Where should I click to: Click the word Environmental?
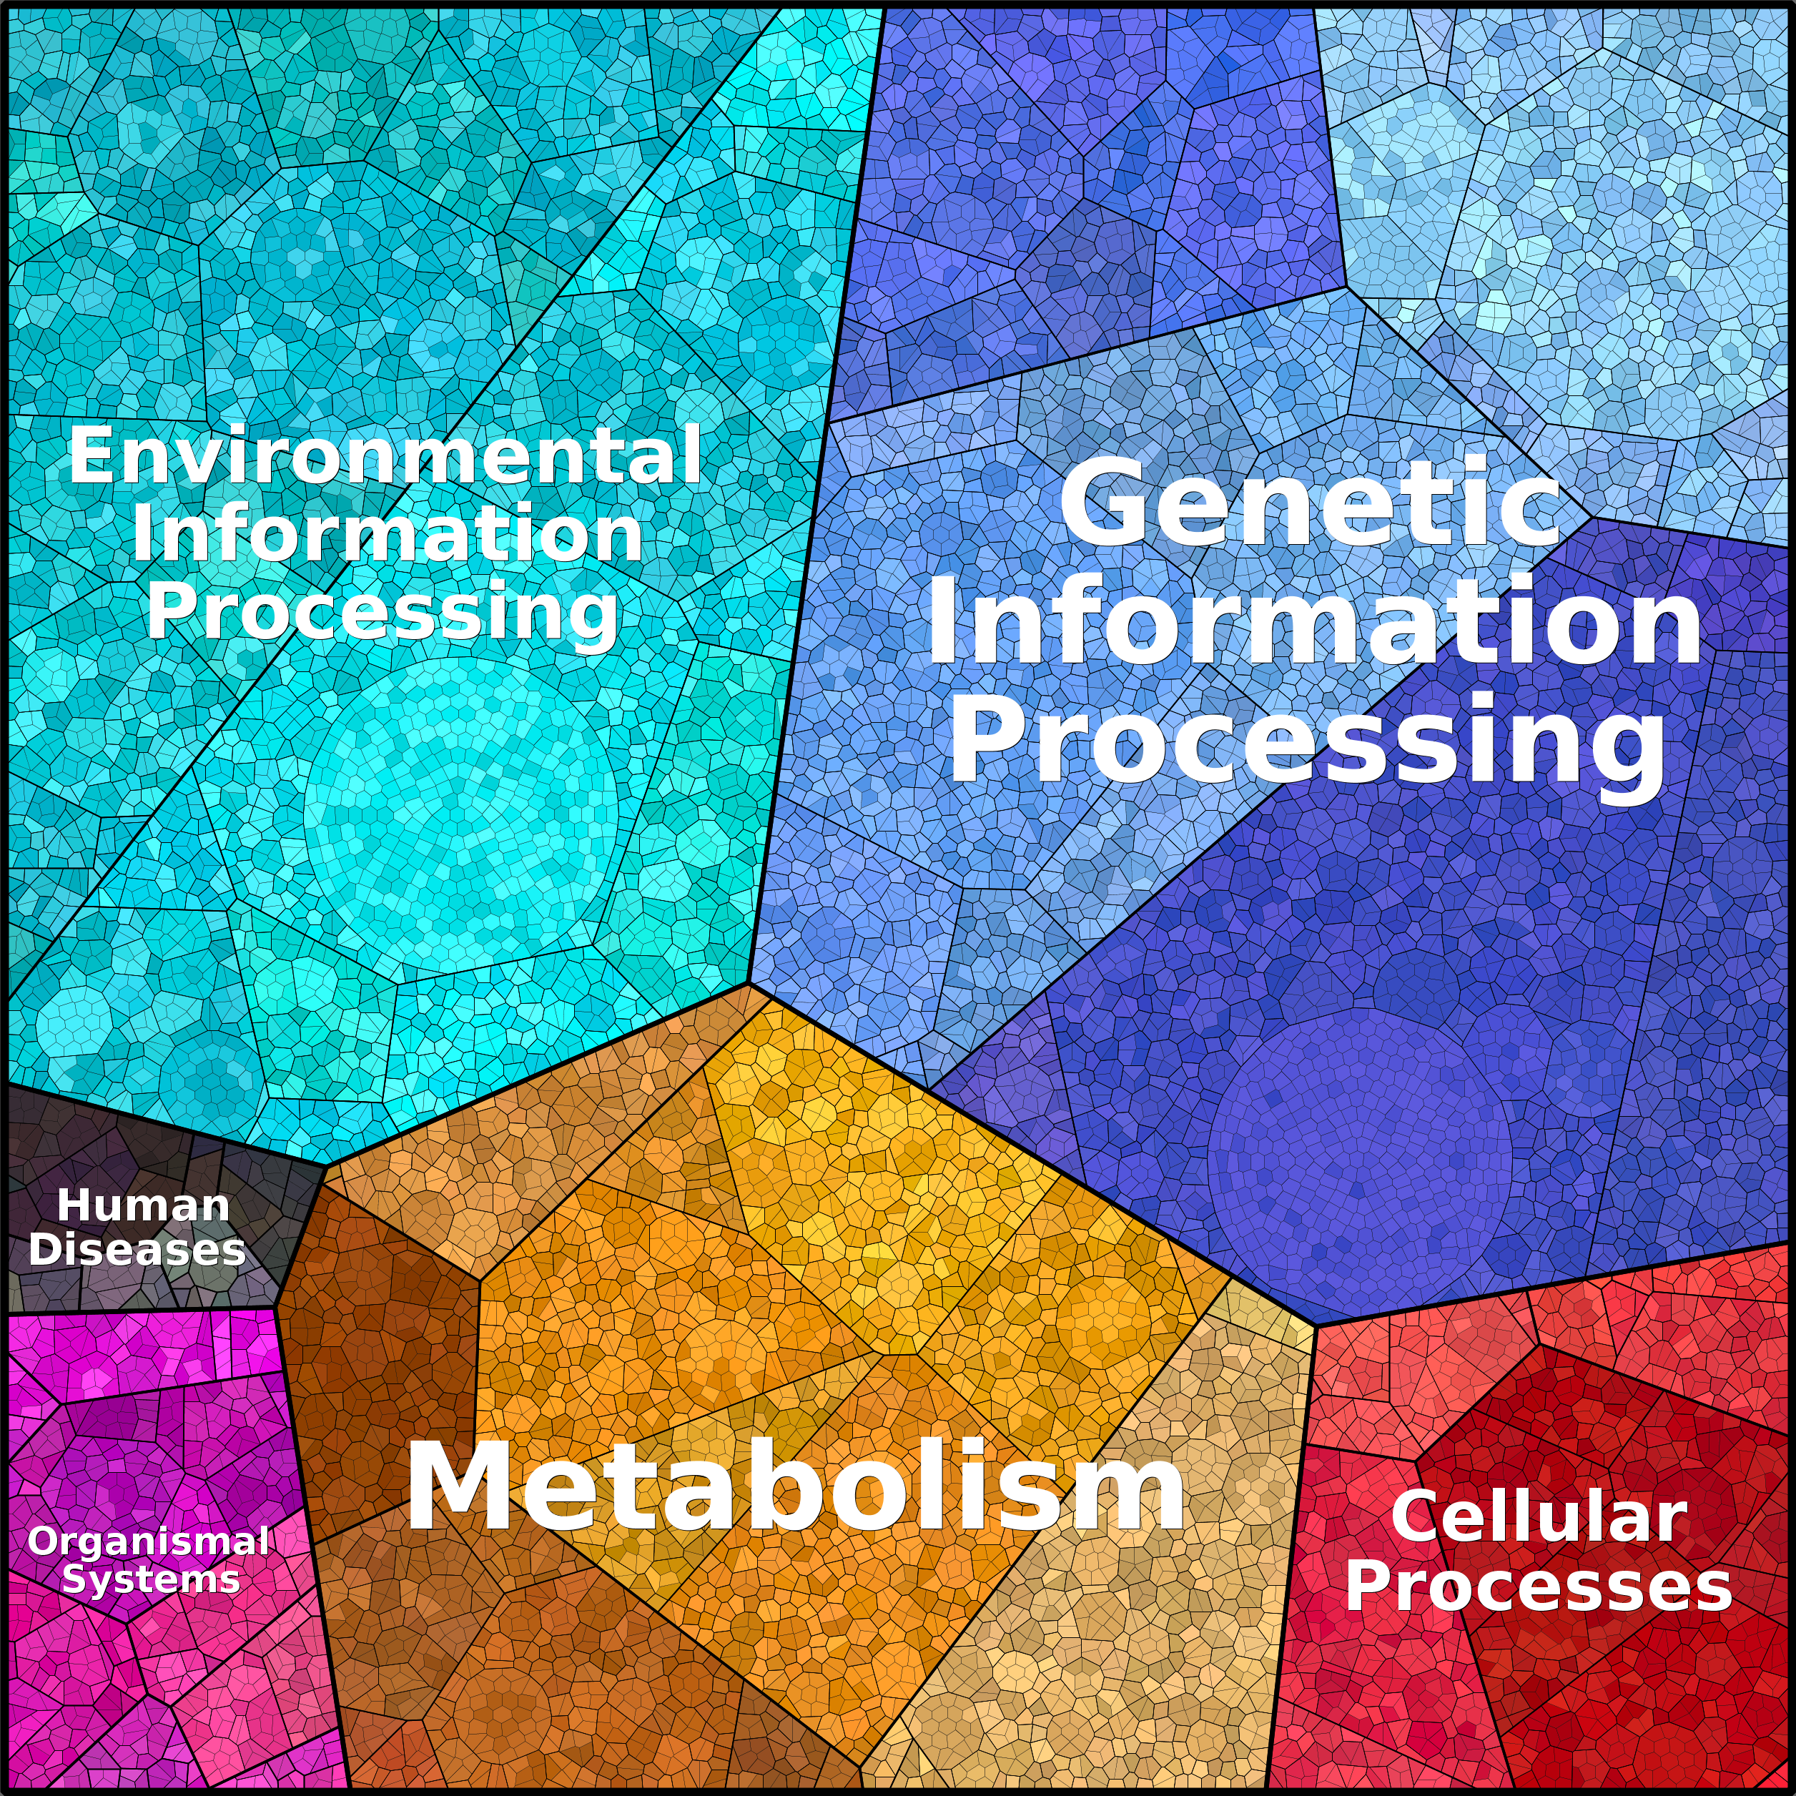(x=385, y=455)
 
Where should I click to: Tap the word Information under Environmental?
(x=387, y=533)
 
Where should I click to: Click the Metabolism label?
(x=796, y=1486)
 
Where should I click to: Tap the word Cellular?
(x=1539, y=1517)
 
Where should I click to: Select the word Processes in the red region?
(x=1539, y=1586)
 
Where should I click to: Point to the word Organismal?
(x=149, y=1541)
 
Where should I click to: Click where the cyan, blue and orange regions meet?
(x=749, y=982)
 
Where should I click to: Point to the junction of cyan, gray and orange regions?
(x=325, y=1165)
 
